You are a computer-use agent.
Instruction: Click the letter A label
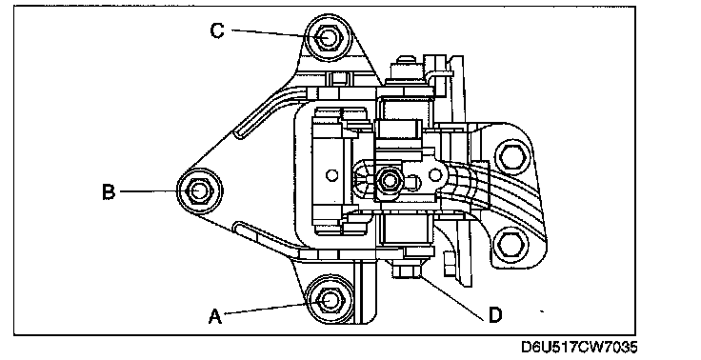[x=215, y=316]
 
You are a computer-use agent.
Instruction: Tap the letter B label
[x=109, y=191]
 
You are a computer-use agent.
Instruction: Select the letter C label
[x=217, y=30]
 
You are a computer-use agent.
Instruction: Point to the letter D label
[x=495, y=315]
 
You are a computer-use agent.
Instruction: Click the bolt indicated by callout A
[x=330, y=300]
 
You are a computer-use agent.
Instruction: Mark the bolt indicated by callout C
[x=328, y=37]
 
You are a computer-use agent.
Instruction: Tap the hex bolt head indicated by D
[x=407, y=270]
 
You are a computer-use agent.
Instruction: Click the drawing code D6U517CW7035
[x=579, y=347]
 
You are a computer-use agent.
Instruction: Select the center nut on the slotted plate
[x=390, y=181]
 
